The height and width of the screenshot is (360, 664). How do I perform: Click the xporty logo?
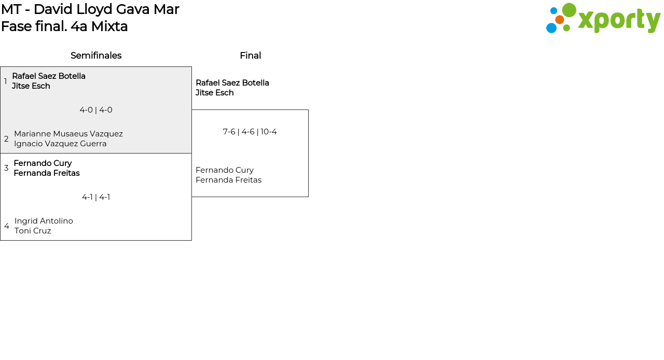[603, 19]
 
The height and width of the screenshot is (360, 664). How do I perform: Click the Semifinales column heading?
[96, 56]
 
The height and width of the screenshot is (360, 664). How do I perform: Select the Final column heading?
[250, 56]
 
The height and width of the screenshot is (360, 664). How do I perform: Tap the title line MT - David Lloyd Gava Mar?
[90, 9]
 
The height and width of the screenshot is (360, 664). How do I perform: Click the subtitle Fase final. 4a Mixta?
[64, 26]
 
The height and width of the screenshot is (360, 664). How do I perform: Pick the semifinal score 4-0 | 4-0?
[96, 110]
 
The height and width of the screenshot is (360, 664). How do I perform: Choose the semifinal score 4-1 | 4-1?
[96, 197]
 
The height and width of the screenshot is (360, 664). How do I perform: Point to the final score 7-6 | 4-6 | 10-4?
[250, 132]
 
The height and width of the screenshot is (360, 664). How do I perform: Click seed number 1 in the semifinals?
[6, 81]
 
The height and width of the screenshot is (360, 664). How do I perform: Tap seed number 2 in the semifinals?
[6, 139]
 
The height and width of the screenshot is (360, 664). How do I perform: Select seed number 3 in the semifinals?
[6, 168]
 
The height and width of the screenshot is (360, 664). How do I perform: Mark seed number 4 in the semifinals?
[7, 226]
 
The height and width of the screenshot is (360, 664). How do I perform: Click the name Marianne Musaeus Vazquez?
[68, 134]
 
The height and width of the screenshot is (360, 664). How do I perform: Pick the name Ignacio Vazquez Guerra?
[60, 144]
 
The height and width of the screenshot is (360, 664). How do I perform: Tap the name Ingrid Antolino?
[44, 221]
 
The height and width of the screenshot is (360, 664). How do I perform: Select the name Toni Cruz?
[33, 231]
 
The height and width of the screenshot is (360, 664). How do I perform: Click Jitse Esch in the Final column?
[214, 93]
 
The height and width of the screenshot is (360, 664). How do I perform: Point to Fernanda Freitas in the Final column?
[228, 180]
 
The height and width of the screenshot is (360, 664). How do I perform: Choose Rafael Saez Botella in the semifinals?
[49, 76]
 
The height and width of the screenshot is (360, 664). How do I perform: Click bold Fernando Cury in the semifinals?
[43, 163]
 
